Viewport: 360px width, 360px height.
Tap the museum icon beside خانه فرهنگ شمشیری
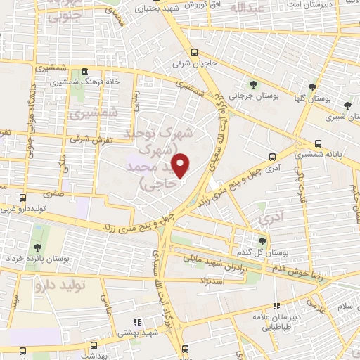coord(84,72)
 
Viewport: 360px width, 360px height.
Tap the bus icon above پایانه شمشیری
coord(319,139)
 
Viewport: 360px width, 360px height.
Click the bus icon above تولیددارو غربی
coord(25,197)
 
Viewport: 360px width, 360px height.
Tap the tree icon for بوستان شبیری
coord(347,105)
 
